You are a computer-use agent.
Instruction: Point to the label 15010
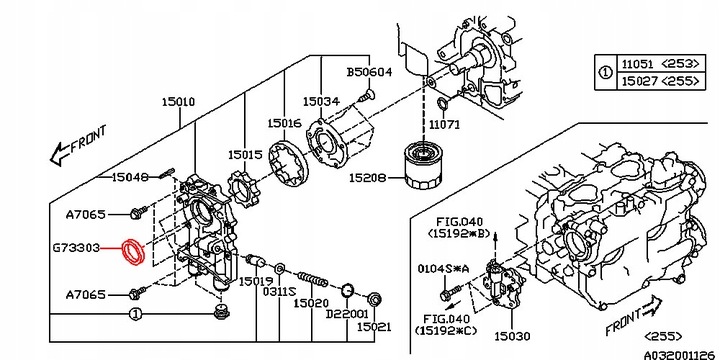tap(180, 103)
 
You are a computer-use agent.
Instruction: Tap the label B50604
tap(371, 73)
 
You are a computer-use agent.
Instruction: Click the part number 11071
tap(446, 125)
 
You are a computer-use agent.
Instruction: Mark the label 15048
tap(130, 177)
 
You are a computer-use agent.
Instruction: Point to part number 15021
tap(376, 327)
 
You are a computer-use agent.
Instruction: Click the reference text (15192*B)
tap(457, 233)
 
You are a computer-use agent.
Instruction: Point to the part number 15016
tap(285, 123)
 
